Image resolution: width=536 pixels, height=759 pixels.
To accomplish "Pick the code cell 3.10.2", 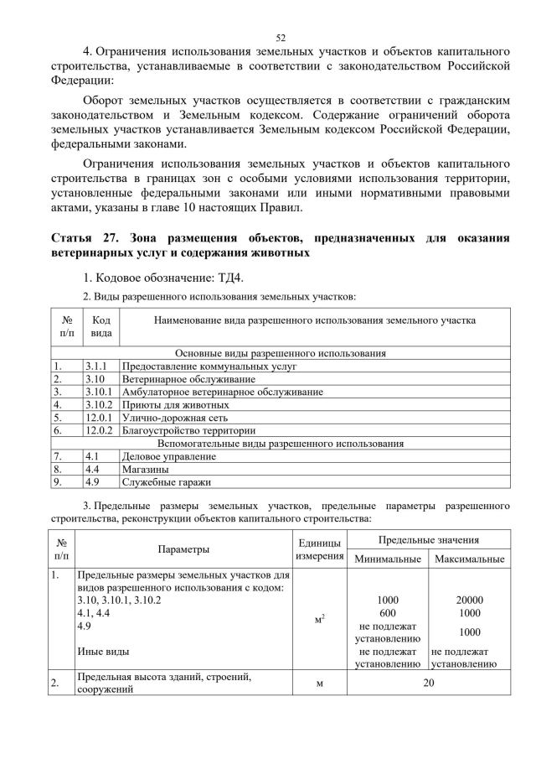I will tap(98, 404).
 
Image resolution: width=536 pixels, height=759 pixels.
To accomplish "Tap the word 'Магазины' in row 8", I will tap(147, 470).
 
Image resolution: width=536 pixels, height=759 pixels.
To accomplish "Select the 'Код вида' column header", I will tap(100, 326).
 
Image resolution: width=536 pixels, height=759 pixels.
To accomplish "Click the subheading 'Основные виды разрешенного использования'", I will tap(281, 353).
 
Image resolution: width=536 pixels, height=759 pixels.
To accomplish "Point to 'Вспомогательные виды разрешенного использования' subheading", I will tap(281, 443).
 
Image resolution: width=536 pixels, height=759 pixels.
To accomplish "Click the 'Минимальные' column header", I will tap(388, 559).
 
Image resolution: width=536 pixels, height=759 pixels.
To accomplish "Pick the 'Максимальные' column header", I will tap(469, 559).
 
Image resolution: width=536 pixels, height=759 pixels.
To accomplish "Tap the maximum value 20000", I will tap(469, 600).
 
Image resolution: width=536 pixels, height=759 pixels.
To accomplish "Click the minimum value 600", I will tap(388, 613).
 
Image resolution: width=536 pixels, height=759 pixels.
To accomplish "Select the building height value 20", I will tap(429, 683).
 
